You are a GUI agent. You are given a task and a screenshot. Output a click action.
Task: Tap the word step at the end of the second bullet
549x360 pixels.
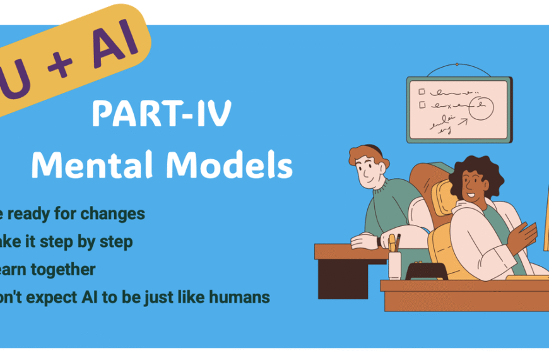[118, 241]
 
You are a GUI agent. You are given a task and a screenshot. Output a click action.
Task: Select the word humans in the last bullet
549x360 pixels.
[240, 297]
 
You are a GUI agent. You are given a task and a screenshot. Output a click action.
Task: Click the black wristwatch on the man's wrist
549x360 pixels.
[378, 241]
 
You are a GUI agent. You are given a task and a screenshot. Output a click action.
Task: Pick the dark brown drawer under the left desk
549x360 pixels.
[341, 279]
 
